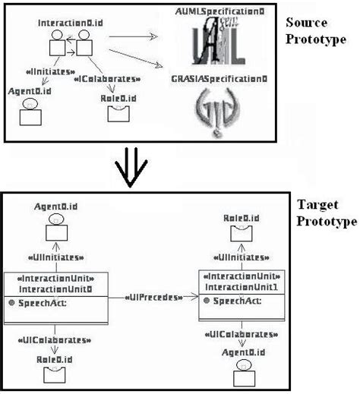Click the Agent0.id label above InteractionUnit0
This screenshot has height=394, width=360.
tap(54, 206)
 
